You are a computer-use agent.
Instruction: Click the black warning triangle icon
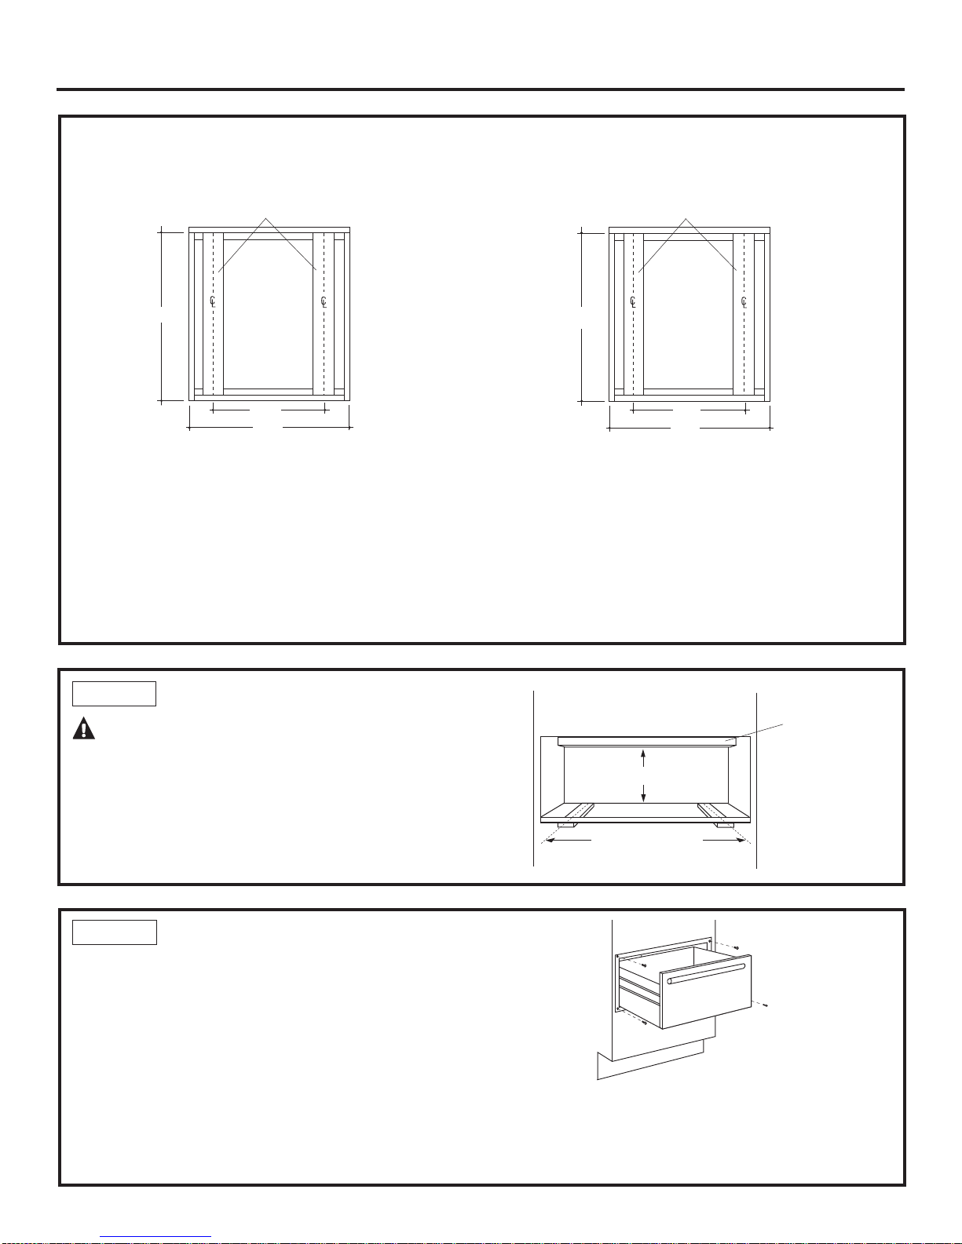[83, 728]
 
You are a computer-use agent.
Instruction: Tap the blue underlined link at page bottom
[155, 1237]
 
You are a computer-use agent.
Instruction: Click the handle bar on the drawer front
[706, 973]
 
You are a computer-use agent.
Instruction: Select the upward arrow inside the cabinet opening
[643, 758]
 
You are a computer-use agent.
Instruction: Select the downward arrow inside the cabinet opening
[643, 793]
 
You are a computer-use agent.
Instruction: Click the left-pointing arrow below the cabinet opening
[568, 840]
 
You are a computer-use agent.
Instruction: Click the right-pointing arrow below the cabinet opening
[724, 840]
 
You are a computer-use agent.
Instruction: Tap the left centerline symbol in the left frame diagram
[213, 301]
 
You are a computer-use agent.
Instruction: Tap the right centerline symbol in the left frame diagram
[324, 301]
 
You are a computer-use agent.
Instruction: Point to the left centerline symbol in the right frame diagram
[633, 301]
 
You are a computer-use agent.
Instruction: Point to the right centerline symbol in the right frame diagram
[744, 301]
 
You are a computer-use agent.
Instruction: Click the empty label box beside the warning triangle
[114, 693]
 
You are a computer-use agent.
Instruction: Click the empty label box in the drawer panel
[115, 932]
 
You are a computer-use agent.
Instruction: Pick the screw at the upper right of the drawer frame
[737, 948]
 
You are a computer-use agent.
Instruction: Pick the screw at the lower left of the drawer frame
[644, 1022]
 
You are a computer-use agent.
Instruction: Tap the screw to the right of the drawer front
[764, 1005]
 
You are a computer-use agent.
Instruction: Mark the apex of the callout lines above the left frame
[265, 218]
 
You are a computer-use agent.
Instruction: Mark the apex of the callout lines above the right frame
[686, 218]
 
